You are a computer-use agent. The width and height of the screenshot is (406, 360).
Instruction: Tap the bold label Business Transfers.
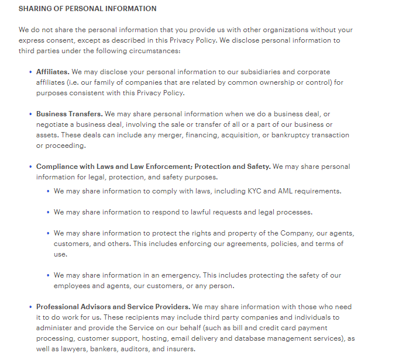[x=68, y=114]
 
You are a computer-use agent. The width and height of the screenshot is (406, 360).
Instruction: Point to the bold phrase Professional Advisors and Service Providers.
[x=113, y=307]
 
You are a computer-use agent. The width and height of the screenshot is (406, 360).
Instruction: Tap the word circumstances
[x=154, y=51]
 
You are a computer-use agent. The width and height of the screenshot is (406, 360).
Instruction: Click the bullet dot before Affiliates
[x=30, y=72]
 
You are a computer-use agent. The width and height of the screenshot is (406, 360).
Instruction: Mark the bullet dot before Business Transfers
[x=30, y=114]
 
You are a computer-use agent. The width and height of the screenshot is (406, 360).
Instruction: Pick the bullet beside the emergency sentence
[x=48, y=275]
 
